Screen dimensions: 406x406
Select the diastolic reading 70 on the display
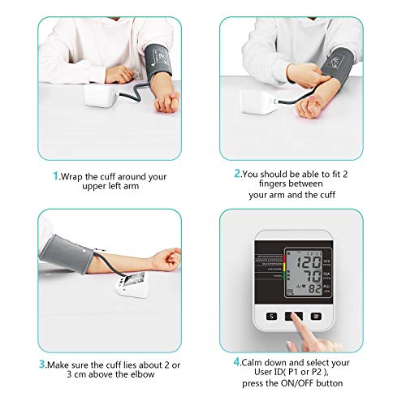point(309,277)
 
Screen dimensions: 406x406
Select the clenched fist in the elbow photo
point(170,259)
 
